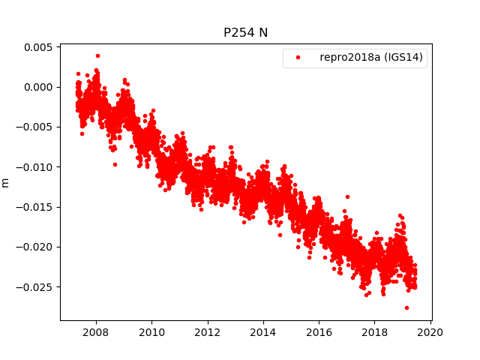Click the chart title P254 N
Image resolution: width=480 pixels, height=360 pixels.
tap(245, 33)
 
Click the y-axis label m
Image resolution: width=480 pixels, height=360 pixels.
tap(6, 182)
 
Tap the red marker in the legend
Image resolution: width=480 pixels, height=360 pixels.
tap(296, 58)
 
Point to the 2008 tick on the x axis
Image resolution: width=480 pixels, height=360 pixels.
tap(96, 332)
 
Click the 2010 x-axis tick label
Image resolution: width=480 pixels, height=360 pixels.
tap(151, 332)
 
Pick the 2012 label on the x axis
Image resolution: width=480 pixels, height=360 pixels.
tap(208, 332)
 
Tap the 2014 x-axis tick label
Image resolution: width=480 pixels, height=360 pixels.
tap(263, 332)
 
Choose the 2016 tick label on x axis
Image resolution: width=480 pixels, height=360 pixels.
tap(319, 332)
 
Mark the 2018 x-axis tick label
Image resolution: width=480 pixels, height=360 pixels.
tap(375, 332)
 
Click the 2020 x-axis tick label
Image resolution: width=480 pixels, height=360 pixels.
tap(430, 332)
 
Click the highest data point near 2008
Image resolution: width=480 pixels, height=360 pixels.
tap(97, 55)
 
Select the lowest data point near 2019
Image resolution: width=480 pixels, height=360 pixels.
tap(406, 307)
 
